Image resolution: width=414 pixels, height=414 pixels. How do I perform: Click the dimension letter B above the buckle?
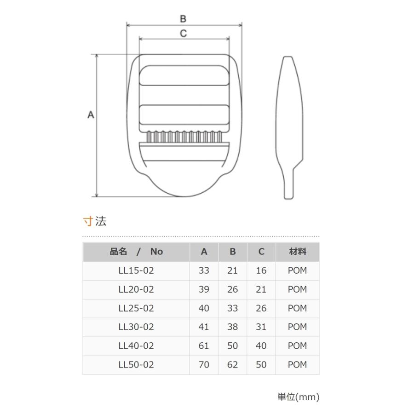tap(183, 19)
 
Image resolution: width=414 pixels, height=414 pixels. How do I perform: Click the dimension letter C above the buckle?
tap(183, 33)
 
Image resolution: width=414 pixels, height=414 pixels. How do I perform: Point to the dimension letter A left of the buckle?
tap(91, 115)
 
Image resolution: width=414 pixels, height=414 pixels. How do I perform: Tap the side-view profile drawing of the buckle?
tap(289, 127)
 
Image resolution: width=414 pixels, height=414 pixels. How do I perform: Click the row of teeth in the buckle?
tap(184, 137)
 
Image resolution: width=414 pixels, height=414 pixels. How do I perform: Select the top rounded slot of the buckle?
tap(184, 75)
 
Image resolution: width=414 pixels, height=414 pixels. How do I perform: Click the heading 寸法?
tap(94, 221)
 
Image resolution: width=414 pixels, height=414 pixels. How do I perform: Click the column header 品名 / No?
tap(136, 252)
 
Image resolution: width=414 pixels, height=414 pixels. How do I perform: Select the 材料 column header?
tap(298, 252)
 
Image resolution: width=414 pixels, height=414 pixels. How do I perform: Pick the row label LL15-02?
tap(136, 270)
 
